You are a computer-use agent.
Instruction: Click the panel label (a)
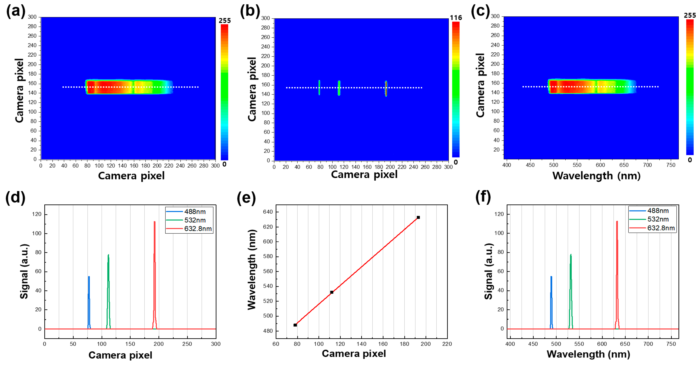16,11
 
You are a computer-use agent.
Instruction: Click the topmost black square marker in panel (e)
418,217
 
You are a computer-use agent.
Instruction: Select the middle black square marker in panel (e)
332,292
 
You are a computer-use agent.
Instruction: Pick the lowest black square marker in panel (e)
295,325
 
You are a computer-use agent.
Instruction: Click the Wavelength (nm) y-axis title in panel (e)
252,269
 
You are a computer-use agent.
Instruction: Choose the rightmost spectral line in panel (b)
386,88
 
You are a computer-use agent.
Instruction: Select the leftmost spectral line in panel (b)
319,87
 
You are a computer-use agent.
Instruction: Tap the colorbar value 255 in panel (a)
225,21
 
